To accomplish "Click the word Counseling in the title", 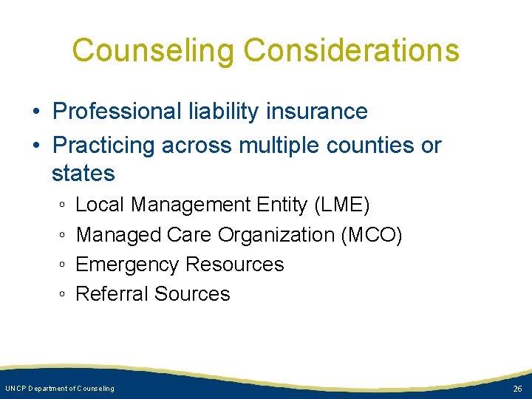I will [x=153, y=50].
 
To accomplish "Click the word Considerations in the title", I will [x=351, y=50].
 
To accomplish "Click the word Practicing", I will [x=106, y=146].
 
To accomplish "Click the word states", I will [x=83, y=174].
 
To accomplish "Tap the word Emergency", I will [x=128, y=265].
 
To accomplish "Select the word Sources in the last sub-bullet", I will [x=192, y=294].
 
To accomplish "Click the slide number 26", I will [x=516, y=389].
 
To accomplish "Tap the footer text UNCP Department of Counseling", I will [x=60, y=389].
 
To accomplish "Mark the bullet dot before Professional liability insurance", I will [x=35, y=112].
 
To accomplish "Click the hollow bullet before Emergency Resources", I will [x=63, y=265].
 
